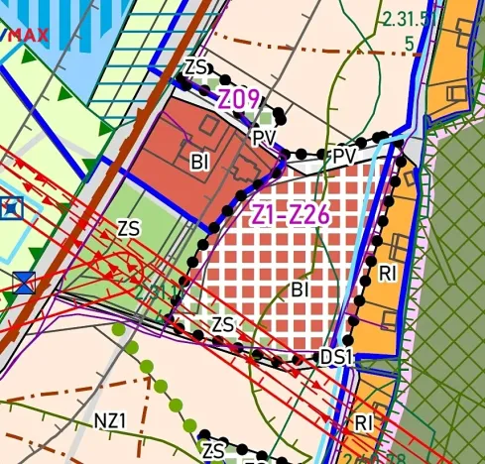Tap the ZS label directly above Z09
coord(196,67)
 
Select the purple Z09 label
coord(239,100)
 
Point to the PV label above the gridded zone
coord(344,158)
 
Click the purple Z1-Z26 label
coord(291,212)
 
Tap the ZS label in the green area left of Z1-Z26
coord(128,228)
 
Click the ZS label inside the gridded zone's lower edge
coord(223,324)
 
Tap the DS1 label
coord(337,356)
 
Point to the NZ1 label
coord(111,419)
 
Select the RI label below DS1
coord(364,422)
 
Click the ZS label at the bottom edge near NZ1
coord(212,451)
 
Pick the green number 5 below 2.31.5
coord(409,44)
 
